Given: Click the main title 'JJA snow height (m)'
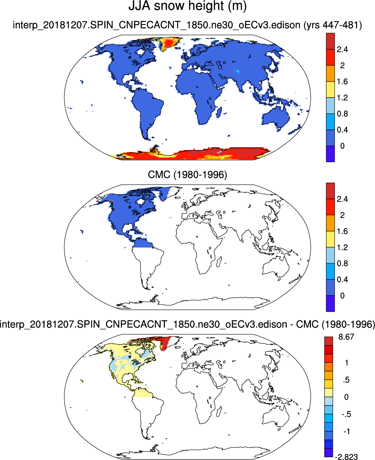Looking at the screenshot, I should coord(187,6).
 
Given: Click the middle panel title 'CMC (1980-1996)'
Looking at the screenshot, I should coord(187,174).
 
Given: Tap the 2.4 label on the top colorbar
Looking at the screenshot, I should coord(342,49).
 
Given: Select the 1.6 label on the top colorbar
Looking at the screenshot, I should coord(342,82).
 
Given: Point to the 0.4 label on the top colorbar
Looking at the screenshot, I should coord(342,130).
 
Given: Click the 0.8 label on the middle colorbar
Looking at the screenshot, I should coord(342,264).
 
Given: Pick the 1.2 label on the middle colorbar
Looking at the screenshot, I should coord(342,247).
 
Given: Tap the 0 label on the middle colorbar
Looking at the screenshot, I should coord(342,296).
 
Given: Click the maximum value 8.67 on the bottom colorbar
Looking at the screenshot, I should coord(346,337).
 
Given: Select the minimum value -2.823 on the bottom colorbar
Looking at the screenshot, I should coord(346,457).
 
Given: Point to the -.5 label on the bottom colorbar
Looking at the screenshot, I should coord(346,414).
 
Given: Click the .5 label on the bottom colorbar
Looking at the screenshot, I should coord(346,380).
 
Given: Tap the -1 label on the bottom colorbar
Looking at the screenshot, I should coord(346,431).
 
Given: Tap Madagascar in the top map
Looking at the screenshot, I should coord(219,112).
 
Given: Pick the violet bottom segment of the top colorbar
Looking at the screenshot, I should coord(330,154).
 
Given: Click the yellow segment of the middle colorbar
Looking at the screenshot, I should coord(330,239).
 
